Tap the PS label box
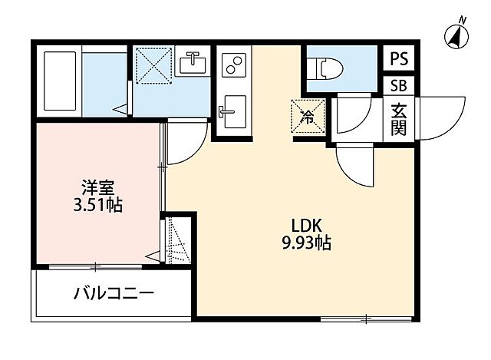(398, 58)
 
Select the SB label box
(398, 86)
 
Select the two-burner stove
(233, 64)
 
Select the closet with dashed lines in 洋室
(177, 239)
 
